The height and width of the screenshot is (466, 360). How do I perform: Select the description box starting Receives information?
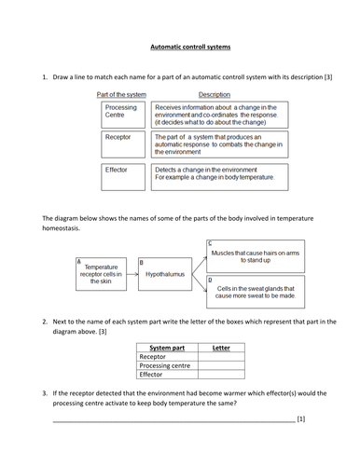218,114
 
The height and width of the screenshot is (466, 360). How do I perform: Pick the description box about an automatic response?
218,144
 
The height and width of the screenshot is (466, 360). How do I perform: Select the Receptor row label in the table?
168,356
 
